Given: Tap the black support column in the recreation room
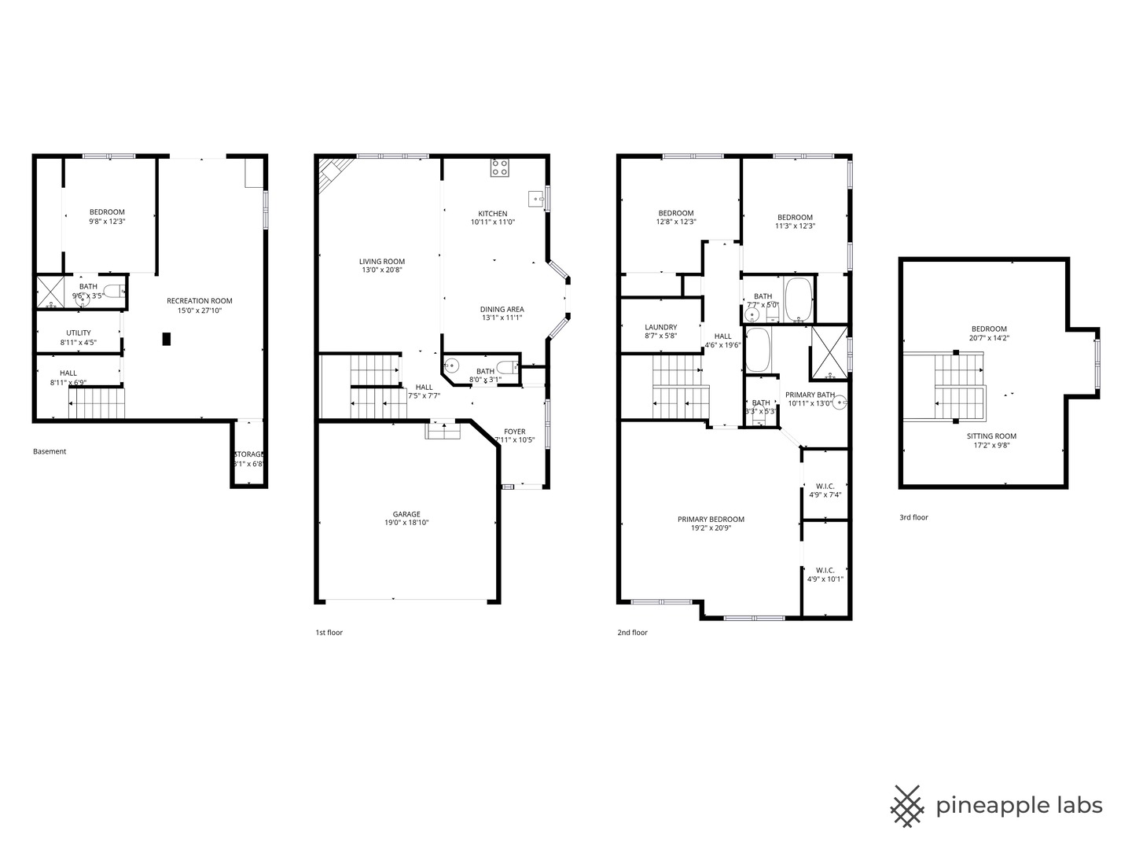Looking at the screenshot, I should coord(166,339).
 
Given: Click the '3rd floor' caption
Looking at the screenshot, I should coord(913,517).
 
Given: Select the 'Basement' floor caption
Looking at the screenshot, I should coord(50,451).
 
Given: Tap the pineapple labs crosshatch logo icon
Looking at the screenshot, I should coord(907,806).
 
